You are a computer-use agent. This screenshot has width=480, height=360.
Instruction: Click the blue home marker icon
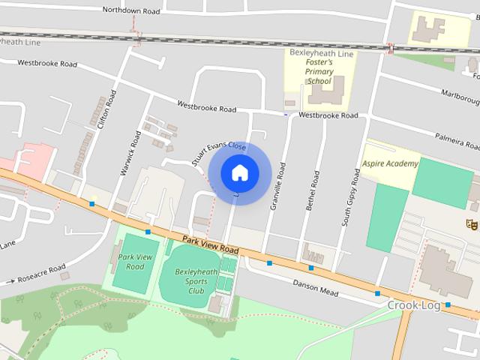point(239,173)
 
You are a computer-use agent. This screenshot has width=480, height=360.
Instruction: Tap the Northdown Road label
point(132,10)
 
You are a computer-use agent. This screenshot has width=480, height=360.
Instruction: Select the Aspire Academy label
point(390,163)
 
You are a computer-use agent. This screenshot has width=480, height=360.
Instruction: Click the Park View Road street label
point(210,244)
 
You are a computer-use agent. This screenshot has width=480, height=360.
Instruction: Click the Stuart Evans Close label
point(218,157)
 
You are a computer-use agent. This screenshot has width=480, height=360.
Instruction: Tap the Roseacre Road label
point(41,274)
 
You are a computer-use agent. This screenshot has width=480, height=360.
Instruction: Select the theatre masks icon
point(472,223)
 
